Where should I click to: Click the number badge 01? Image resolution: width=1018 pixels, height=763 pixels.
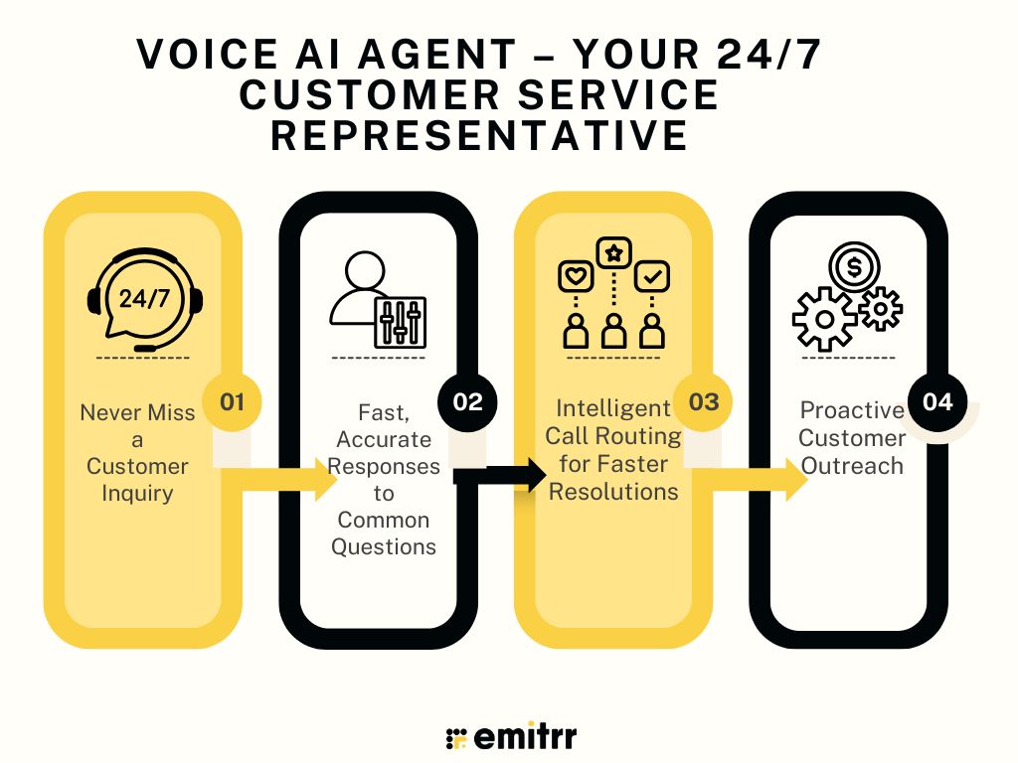click(x=232, y=401)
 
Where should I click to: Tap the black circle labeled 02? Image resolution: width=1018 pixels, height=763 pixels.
click(x=467, y=401)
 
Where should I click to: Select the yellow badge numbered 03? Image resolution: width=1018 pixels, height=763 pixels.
click(x=703, y=401)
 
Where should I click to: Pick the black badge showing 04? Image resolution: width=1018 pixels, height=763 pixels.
click(x=937, y=401)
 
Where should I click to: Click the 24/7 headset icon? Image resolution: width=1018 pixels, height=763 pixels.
click(x=144, y=299)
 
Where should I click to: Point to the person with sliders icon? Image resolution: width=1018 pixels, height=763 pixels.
click(x=378, y=300)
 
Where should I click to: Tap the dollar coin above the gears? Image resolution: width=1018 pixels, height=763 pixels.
click(x=854, y=266)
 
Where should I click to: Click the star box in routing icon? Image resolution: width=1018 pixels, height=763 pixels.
click(x=613, y=253)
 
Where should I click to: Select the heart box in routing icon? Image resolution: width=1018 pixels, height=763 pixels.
click(x=576, y=277)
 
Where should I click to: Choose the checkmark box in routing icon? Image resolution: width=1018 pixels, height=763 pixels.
click(x=652, y=277)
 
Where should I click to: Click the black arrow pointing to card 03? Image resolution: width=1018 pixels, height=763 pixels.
click(x=500, y=476)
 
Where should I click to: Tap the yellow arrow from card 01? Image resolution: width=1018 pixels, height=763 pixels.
click(x=279, y=478)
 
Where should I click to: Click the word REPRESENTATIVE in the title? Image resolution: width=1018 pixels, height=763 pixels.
click(x=480, y=135)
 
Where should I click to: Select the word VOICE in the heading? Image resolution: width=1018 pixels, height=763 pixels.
click(x=207, y=54)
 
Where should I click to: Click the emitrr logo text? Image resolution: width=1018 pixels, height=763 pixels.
click(x=525, y=736)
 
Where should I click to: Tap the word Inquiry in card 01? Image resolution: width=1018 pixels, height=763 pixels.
click(x=137, y=494)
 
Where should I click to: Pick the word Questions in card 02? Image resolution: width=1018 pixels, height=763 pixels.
click(x=384, y=547)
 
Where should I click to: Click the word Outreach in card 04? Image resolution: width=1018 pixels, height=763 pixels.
click(x=852, y=466)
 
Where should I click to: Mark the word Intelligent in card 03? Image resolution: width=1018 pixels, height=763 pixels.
click(x=613, y=408)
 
